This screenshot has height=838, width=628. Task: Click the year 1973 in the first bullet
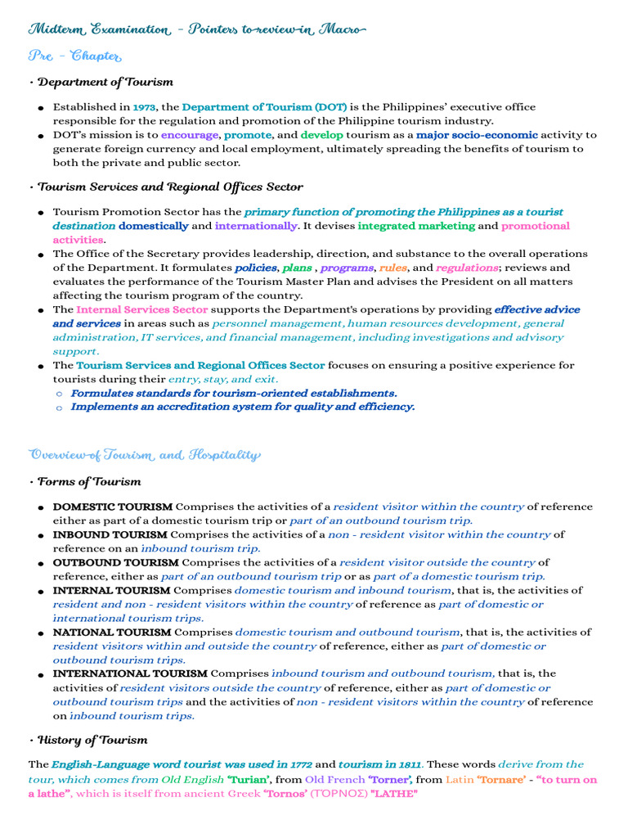(x=144, y=107)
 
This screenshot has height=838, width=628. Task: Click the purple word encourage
(x=190, y=135)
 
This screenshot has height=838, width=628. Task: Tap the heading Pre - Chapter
(x=74, y=56)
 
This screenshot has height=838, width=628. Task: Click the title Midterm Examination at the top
(x=99, y=29)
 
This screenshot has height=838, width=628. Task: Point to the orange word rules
(x=392, y=268)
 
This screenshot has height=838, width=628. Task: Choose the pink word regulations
(x=467, y=268)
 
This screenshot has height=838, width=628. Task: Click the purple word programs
(x=347, y=268)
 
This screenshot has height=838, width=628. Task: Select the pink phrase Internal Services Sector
(x=141, y=310)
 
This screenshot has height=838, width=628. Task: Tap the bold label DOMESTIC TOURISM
(x=113, y=507)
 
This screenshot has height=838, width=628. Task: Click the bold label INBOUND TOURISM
(x=110, y=535)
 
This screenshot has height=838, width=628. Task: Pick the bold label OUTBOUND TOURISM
(x=115, y=563)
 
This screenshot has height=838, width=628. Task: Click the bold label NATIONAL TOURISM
(x=112, y=633)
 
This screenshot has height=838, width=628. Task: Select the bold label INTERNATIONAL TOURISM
(x=130, y=674)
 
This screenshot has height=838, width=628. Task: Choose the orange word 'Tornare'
(x=500, y=780)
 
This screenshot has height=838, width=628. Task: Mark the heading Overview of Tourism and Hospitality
(x=144, y=455)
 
